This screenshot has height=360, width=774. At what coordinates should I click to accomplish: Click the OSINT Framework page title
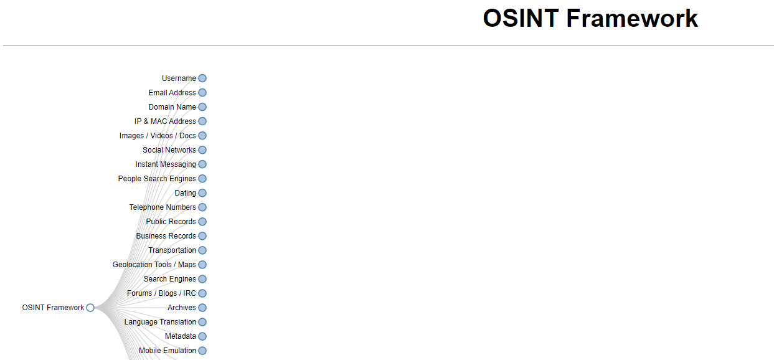click(590, 19)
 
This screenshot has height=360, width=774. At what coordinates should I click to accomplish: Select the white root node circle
click(90, 308)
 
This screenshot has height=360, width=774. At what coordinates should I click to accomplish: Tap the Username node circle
click(202, 78)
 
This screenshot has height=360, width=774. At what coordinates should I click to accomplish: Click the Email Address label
click(172, 93)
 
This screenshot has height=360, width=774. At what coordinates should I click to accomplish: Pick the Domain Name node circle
click(202, 107)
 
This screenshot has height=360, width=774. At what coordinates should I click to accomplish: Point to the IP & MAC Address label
click(165, 121)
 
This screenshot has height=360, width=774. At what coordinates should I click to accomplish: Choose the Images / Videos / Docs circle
click(202, 136)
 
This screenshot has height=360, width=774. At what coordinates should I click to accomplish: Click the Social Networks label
click(169, 150)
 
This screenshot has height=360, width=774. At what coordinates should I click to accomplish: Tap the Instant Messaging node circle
click(202, 164)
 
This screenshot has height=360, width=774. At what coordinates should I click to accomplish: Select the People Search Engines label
click(157, 179)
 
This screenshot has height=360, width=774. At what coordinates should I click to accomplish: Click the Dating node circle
click(202, 193)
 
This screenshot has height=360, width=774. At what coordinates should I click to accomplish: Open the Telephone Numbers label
click(163, 207)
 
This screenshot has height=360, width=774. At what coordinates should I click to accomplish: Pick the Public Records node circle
click(202, 222)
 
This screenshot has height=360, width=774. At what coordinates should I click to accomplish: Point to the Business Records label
click(166, 236)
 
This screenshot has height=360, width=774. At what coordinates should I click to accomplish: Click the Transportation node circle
click(202, 250)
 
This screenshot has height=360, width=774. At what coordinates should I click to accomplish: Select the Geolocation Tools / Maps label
click(154, 265)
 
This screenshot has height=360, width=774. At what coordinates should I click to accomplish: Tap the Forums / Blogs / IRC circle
click(202, 293)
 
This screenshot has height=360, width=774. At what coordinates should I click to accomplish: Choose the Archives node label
click(181, 308)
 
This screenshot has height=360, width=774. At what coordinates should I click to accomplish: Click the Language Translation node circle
click(202, 322)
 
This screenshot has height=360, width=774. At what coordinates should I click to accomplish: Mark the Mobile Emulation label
click(167, 351)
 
